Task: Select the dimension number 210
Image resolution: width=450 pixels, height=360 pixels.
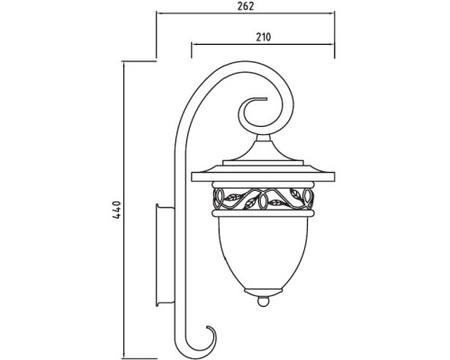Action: [x=264, y=37]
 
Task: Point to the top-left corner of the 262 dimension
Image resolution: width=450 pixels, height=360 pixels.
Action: [x=158, y=14]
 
